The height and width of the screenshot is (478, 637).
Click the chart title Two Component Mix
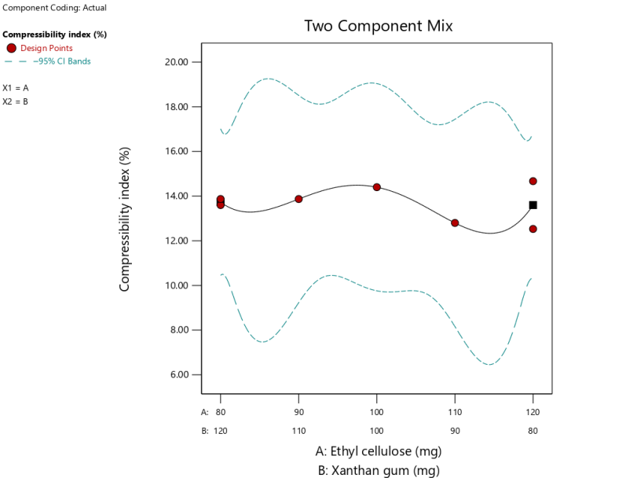pos(378,26)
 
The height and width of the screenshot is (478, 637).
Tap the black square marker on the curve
pos(533,205)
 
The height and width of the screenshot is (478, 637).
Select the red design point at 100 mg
pos(377,187)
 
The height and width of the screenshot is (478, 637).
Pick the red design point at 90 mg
pos(298,199)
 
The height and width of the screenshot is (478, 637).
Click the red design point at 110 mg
pos(455,223)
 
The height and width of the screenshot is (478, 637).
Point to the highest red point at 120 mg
pos(533,181)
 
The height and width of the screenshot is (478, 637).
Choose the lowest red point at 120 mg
pos(533,229)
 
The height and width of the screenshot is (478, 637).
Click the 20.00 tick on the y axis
pos(184,62)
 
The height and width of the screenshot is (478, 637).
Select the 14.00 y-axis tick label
pos(184,196)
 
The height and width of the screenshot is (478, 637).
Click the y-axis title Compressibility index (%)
pos(125,219)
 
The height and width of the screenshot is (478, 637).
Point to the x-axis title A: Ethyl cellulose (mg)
pos(378,451)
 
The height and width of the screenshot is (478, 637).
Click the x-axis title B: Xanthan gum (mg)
pos(378,470)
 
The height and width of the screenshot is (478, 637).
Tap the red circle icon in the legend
pos(11,49)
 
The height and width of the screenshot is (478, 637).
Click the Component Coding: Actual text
pos(55,8)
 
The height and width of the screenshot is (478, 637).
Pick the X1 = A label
pos(16,88)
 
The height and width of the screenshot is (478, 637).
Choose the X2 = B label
pos(16,101)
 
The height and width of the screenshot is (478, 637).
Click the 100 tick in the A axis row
pos(377,411)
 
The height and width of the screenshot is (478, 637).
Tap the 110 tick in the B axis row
pos(298,431)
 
